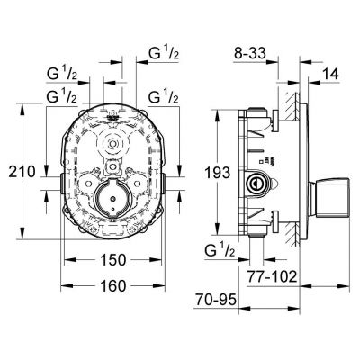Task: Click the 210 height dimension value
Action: [22, 172]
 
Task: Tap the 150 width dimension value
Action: [112, 260]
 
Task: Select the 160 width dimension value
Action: [112, 286]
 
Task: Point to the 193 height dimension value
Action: [218, 173]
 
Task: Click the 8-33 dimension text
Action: [250, 54]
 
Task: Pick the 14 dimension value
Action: [330, 74]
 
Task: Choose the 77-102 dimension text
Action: [272, 276]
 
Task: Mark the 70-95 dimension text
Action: [216, 299]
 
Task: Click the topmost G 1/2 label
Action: [164, 54]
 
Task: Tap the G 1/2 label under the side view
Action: [220, 250]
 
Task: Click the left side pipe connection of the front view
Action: [61, 183]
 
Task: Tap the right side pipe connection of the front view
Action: [163, 183]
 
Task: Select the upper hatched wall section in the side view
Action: [289, 106]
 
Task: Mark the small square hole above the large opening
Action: [112, 166]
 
